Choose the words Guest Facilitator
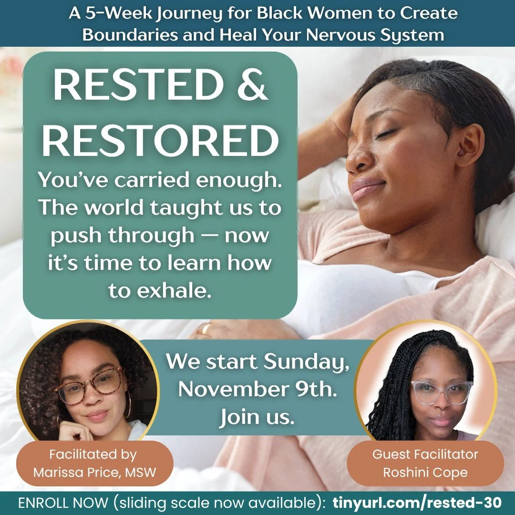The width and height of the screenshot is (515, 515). point(425,454)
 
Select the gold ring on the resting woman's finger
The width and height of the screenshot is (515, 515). point(206,329)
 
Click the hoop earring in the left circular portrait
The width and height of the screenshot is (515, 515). point(127,405)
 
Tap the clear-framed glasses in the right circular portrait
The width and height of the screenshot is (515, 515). point(441,392)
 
